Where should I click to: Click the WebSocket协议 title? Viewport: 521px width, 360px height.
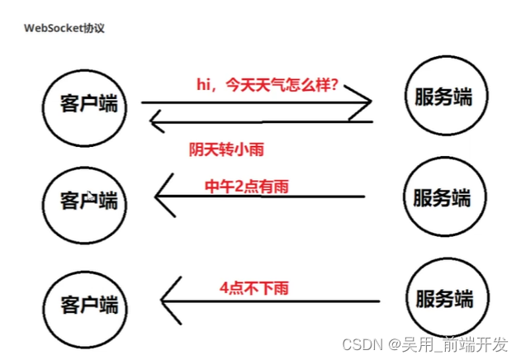pos(64,28)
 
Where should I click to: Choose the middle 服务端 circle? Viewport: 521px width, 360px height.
pos(442,197)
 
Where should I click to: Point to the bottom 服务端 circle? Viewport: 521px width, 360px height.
pos(442,297)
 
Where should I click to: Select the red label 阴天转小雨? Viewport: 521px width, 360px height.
pos(230,149)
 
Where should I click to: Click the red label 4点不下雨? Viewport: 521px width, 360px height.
pos(253,288)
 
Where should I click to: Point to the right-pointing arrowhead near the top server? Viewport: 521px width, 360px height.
pos(364,103)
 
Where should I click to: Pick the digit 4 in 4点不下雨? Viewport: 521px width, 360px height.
pos(225,288)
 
